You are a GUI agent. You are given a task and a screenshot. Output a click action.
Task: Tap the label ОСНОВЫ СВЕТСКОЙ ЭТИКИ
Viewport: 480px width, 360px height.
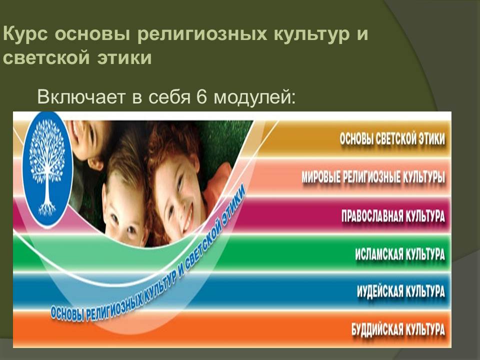(392, 139)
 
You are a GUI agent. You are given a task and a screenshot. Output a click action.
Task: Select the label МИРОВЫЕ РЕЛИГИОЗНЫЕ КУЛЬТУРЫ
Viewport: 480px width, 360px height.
(373, 177)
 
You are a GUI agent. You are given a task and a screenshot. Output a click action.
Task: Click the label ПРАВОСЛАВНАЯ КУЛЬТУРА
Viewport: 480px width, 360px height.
(393, 216)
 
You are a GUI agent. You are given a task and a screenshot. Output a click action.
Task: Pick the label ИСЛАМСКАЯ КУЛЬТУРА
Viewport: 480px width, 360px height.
(400, 254)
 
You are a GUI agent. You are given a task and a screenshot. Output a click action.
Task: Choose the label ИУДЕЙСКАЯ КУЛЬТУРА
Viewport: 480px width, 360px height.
(400, 291)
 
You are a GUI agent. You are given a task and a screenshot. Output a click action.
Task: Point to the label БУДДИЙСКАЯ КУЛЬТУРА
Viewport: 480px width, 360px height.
(398, 329)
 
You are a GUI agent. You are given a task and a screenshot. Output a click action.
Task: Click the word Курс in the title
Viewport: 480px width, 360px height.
(25, 34)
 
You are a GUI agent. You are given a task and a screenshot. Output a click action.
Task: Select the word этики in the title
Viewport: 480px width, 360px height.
(124, 58)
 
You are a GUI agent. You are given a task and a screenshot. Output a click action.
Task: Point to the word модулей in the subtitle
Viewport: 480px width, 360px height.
(254, 97)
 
